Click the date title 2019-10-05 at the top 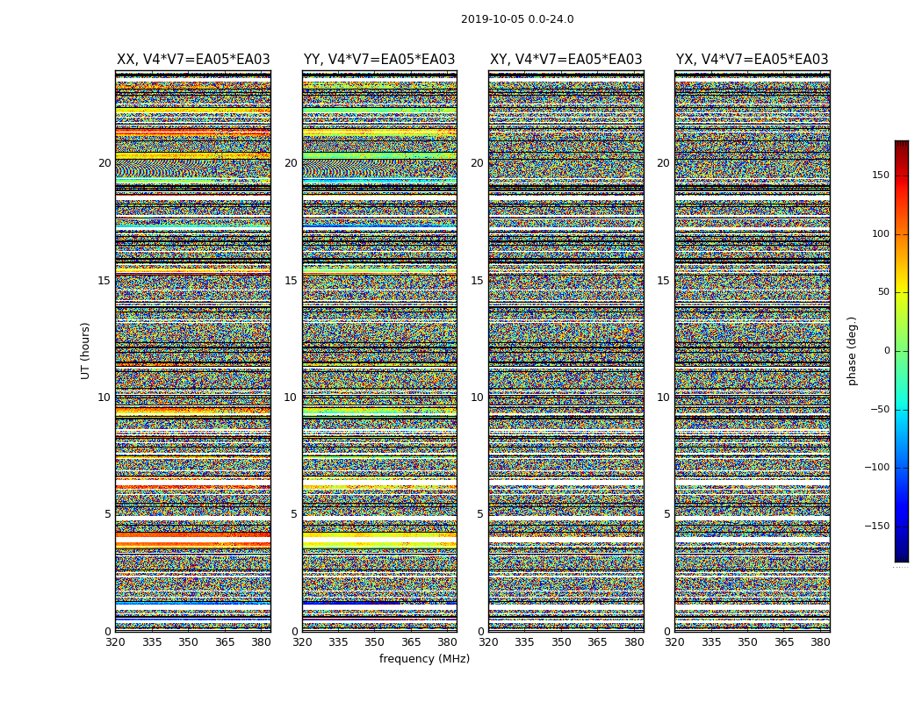pyautogui.click(x=517, y=19)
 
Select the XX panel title pyautogui.click(x=193, y=60)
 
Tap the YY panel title pyautogui.click(x=379, y=60)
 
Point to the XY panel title pyautogui.click(x=565, y=60)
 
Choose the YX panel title pyautogui.click(x=752, y=60)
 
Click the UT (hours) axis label pyautogui.click(x=86, y=350)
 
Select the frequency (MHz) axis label pyautogui.click(x=424, y=659)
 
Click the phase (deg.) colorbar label pyautogui.click(x=852, y=350)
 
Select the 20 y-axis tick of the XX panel pyautogui.click(x=104, y=163)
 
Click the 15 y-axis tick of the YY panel pyautogui.click(x=291, y=281)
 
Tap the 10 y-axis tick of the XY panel pyautogui.click(x=477, y=398)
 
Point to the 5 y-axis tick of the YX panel pyautogui.click(x=666, y=514)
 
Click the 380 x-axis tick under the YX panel pyautogui.click(x=820, y=642)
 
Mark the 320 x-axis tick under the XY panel pyautogui.click(x=489, y=642)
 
